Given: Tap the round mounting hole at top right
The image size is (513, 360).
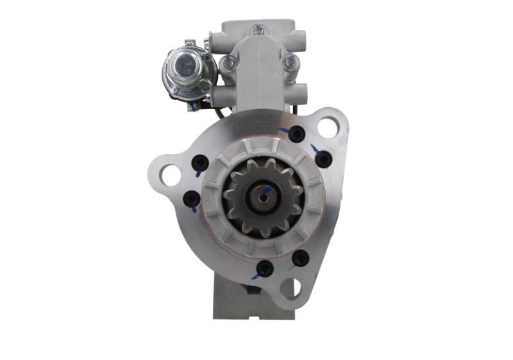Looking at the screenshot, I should click(328, 127).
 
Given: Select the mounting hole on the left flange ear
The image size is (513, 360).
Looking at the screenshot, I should click(171, 175).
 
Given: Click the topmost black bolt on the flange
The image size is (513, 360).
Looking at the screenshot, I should click(296, 133).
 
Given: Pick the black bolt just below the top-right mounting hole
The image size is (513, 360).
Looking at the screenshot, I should click(323, 159).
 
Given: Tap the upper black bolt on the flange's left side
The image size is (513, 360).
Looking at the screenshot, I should click(200, 163).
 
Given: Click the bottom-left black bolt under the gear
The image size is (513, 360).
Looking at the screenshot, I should click(264, 269).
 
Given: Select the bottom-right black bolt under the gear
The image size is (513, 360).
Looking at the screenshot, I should click(299, 259).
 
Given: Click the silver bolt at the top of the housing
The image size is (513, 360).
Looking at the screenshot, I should click(258, 30).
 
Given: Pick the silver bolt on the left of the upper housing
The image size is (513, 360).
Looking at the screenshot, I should click(228, 63).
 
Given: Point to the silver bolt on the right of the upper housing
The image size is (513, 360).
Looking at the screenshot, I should click(290, 62).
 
